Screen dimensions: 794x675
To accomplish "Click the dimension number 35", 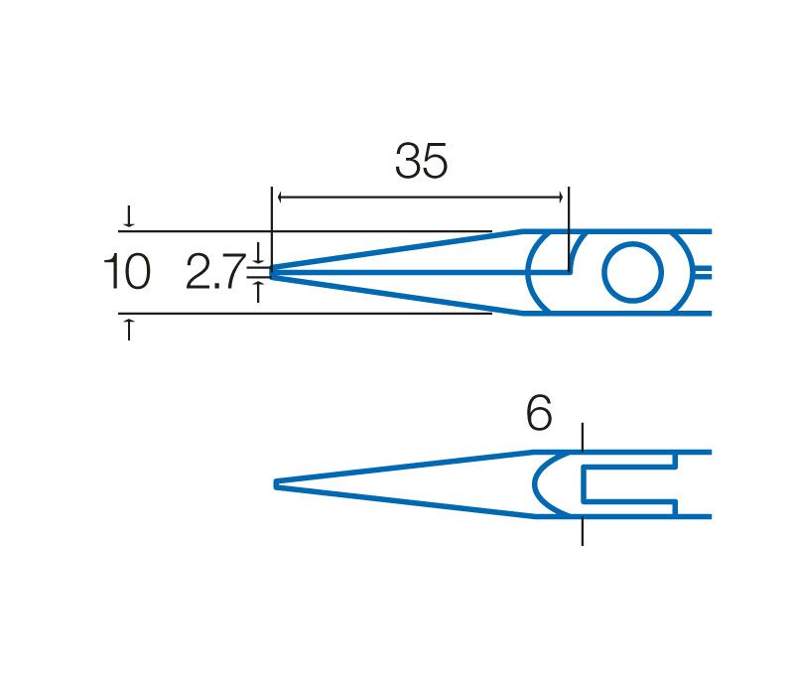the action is click(421, 161).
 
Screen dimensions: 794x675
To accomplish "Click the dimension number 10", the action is click(127, 272).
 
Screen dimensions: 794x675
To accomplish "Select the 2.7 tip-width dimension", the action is click(215, 272).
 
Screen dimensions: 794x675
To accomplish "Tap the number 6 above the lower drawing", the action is click(539, 413).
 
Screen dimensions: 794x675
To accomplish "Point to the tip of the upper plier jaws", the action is click(272, 272).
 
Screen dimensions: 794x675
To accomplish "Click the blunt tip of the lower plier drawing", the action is click(276, 484).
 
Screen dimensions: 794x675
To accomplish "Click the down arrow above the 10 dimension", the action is click(129, 216).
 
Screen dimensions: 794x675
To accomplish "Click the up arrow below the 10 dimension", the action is click(129, 330).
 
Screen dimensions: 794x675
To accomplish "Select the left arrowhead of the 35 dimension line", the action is click(281, 198).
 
